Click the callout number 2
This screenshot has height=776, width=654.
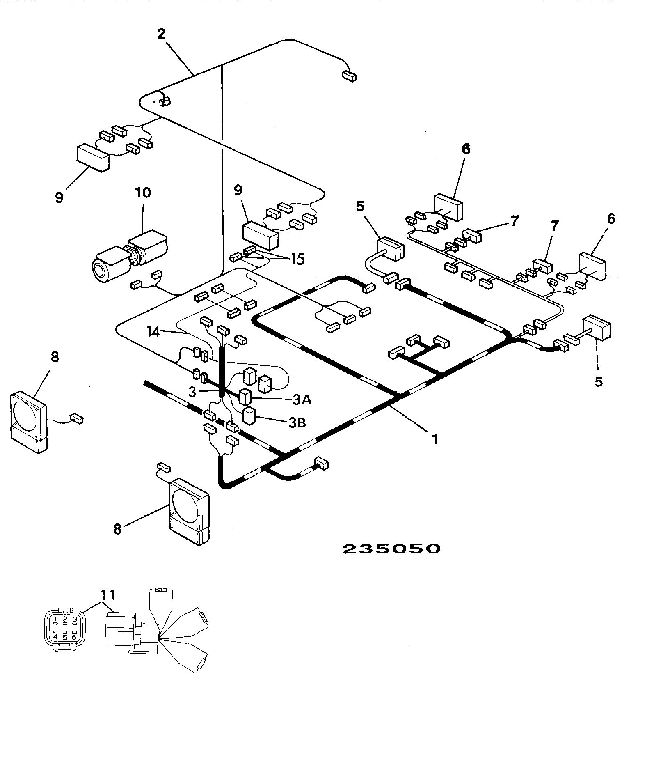[161, 34]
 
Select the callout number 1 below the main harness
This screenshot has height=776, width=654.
[435, 440]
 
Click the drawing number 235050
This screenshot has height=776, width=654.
[391, 549]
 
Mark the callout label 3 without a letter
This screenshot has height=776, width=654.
[192, 391]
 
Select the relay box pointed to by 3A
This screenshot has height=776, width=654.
[245, 397]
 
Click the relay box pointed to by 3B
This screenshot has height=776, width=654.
[249, 416]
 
